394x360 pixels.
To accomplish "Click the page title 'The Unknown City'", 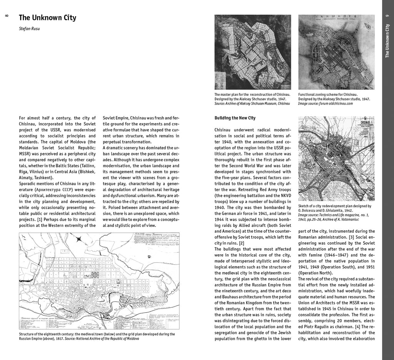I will tap(47, 18).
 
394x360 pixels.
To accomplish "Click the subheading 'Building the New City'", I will tap(235, 118).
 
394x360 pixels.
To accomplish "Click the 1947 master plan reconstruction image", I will tap(253, 52).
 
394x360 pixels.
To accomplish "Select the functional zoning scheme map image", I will tap(336, 52).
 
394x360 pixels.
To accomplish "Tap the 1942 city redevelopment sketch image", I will tap(336, 158).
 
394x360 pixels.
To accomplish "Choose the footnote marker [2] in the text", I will tap(241, 243).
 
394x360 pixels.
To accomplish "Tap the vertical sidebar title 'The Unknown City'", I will tap(387, 41).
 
